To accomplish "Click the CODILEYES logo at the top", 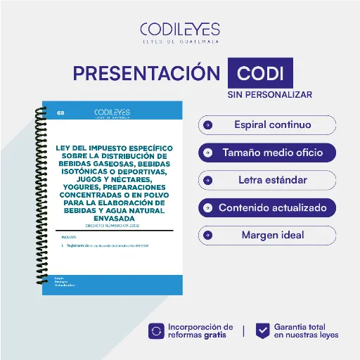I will click(x=180, y=32).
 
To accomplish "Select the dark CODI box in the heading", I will click(x=260, y=74).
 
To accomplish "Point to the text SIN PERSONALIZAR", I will click(x=270, y=94).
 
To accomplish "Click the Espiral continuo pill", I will click(x=267, y=125).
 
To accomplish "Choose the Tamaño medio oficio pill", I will click(x=267, y=153).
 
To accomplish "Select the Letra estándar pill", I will click(x=267, y=180).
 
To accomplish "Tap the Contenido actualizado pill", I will click(x=267, y=207).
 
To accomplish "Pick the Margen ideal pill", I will click(x=267, y=235).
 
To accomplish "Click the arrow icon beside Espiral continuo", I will click(x=208, y=125).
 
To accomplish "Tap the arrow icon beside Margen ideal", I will click(x=208, y=235).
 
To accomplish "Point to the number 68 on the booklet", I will click(x=61, y=112).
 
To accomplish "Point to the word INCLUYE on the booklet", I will click(x=69, y=238).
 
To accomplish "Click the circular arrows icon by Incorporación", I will click(x=156, y=330).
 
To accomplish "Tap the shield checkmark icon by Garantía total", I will click(x=262, y=330).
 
